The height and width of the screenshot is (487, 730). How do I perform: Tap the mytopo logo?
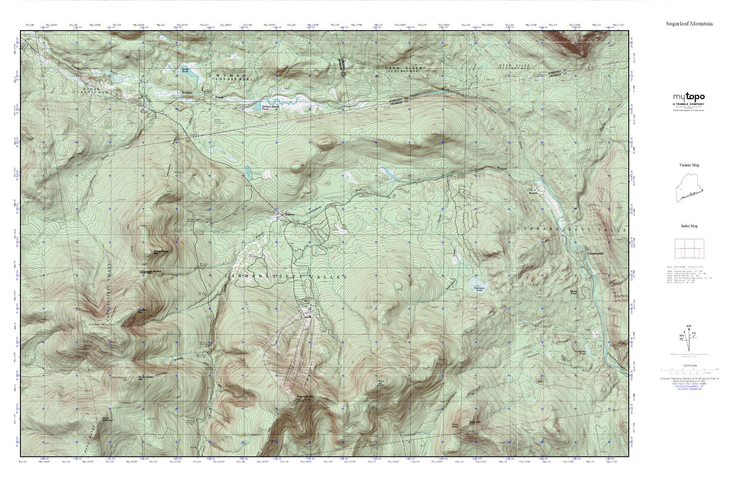tap(688, 97)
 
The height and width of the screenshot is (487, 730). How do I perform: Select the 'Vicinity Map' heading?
tap(689, 166)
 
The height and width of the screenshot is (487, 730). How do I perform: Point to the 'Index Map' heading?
tap(689, 226)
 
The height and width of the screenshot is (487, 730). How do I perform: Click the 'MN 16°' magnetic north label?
tap(676, 336)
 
